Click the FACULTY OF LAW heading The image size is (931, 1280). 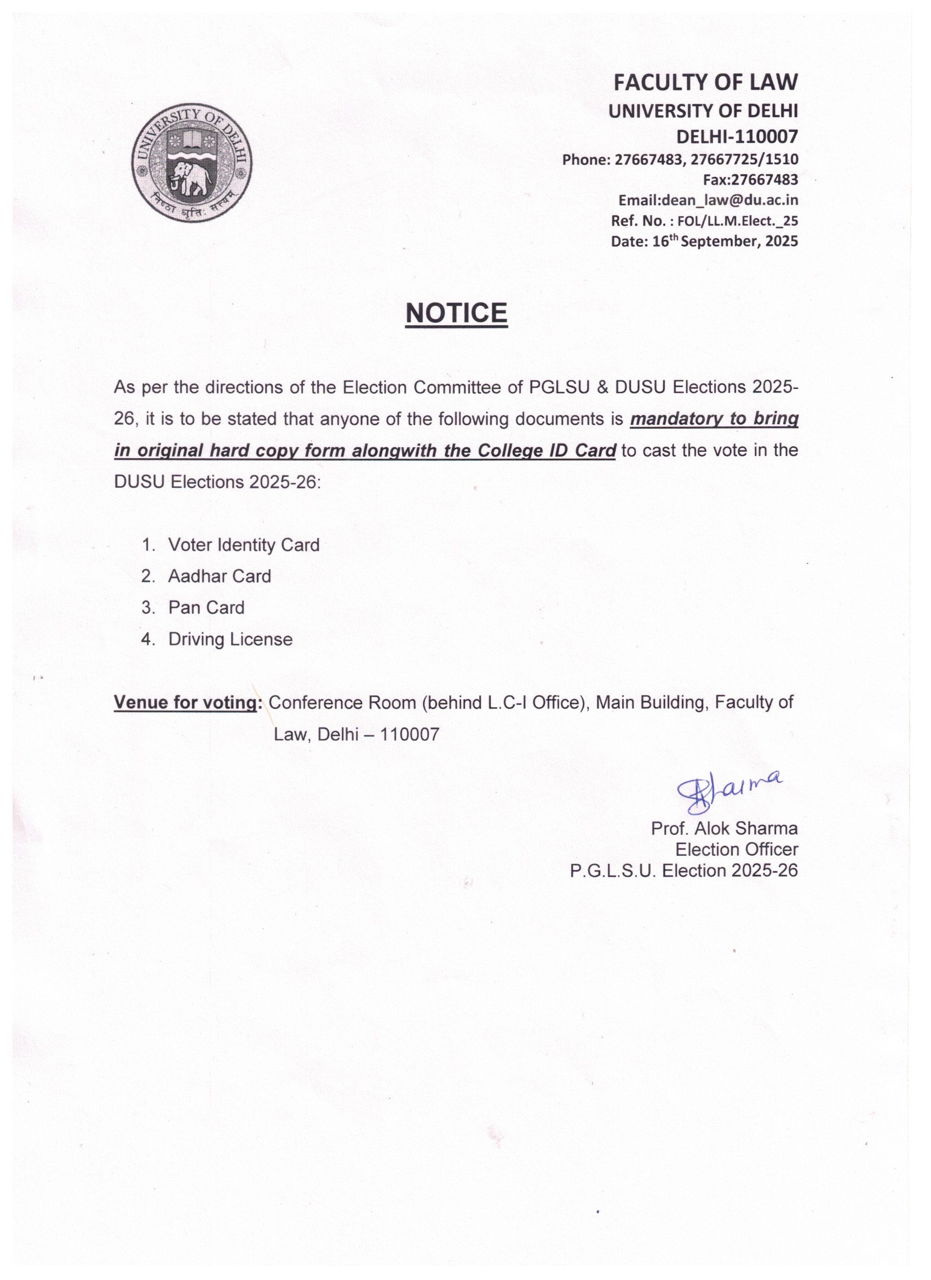(705, 83)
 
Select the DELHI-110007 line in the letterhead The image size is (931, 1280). (737, 136)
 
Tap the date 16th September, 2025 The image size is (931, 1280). (725, 241)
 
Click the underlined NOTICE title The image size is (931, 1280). (456, 313)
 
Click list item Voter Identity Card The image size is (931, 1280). (243, 545)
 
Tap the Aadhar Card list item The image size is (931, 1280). (219, 576)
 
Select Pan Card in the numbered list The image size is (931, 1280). (206, 608)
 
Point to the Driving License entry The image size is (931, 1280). (230, 639)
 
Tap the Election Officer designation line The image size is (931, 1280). (736, 849)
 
